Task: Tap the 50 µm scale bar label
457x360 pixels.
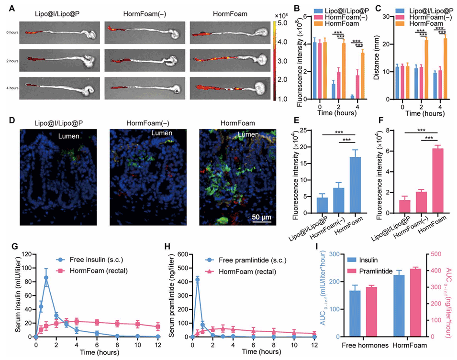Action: click(x=261, y=218)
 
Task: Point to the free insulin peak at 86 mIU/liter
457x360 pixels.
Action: click(x=46, y=277)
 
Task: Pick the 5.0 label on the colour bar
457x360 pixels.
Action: click(x=283, y=22)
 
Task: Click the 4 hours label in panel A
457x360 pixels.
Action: click(x=11, y=88)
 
